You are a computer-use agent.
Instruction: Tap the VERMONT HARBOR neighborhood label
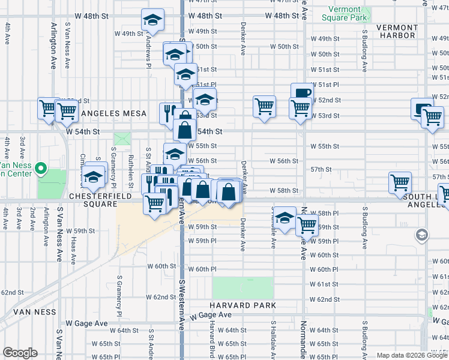(x=397, y=31)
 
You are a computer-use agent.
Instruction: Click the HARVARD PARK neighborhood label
(x=244, y=305)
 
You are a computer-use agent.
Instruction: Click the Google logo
(x=20, y=353)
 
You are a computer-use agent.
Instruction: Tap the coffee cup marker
(x=302, y=92)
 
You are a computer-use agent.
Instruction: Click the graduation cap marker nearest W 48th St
(x=153, y=19)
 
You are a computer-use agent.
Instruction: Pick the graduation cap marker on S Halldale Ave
(x=285, y=217)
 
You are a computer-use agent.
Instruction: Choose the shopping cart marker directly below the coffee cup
(x=300, y=108)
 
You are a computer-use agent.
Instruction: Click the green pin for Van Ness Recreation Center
(x=41, y=169)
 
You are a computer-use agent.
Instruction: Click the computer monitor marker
(x=421, y=108)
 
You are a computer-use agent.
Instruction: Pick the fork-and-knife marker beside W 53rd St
(x=168, y=112)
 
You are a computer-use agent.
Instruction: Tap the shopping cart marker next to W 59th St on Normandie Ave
(x=307, y=225)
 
